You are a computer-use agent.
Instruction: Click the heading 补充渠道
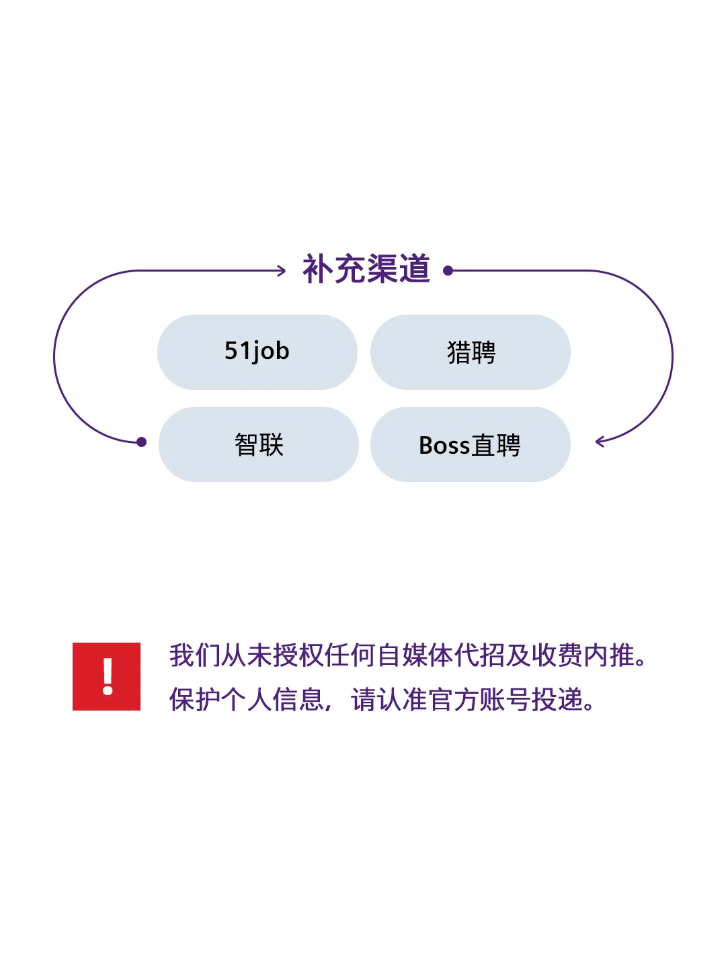[366, 270]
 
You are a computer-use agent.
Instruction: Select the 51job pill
[257, 352]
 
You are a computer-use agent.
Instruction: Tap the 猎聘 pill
[471, 352]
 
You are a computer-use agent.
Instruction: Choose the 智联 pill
[259, 444]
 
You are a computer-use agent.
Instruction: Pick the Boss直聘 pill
[470, 444]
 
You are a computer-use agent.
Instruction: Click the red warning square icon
[106, 676]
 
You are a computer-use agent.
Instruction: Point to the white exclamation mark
[107, 676]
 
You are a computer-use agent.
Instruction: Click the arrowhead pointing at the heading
[282, 271]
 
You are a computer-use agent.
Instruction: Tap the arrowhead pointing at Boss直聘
[600, 442]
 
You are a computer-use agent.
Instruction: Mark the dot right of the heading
[448, 271]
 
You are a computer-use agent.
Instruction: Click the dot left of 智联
[141, 442]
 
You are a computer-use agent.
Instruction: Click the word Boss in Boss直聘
[444, 445]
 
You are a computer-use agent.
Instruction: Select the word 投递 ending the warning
[557, 700]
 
